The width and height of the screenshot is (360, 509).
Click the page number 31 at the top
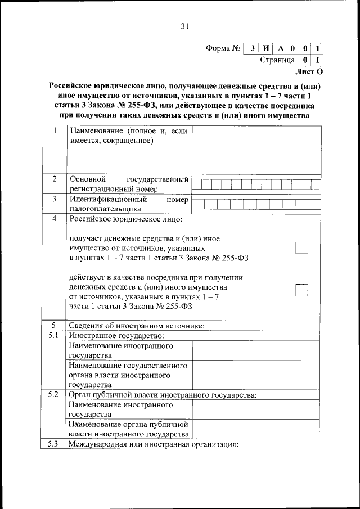click(185, 25)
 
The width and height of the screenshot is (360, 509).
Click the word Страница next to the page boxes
click(277, 60)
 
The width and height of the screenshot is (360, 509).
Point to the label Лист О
click(309, 71)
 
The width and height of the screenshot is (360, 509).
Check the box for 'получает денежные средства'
click(302, 248)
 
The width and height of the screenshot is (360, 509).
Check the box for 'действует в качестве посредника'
click(302, 289)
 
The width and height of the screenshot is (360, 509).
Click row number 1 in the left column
click(55, 131)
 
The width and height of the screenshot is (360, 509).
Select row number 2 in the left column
click(55, 179)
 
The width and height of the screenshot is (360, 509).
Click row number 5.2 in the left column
click(55, 394)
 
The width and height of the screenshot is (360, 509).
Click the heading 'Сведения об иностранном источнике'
click(136, 326)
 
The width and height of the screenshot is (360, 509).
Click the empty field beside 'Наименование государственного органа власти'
click(256, 375)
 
